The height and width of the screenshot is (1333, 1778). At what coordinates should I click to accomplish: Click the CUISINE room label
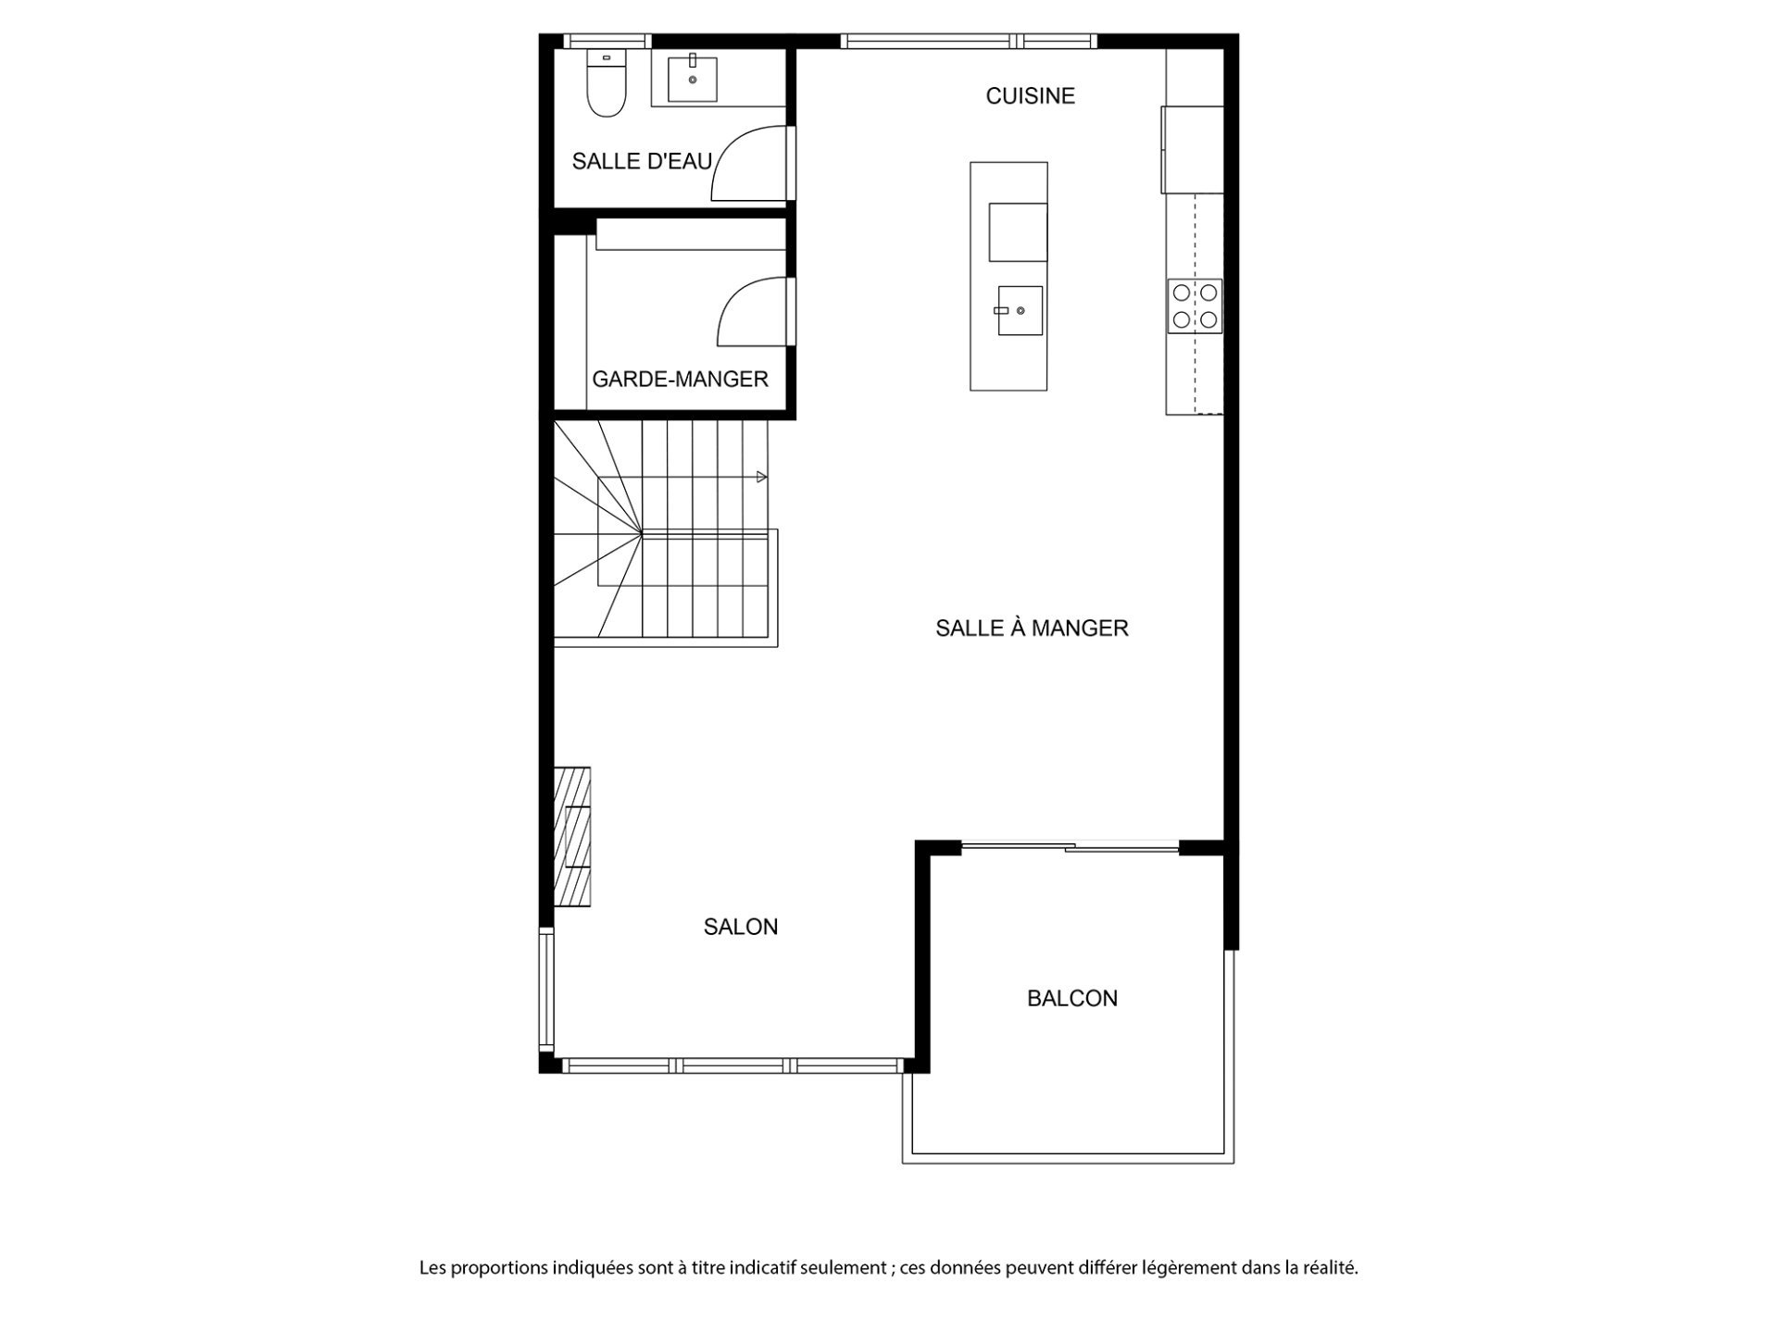coord(1030,96)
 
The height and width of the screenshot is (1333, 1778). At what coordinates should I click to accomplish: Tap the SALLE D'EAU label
coord(642,161)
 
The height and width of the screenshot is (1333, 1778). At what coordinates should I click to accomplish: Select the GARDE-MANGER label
coord(680,379)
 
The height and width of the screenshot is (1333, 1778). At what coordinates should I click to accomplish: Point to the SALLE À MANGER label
coord(1032,629)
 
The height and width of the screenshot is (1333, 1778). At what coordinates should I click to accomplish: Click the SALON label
coord(741,927)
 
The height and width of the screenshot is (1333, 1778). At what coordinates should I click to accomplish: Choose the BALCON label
coord(1072,998)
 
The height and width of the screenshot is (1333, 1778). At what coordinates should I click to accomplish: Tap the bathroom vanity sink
coord(692,79)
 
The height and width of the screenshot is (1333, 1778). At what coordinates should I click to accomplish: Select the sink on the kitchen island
coord(1018,311)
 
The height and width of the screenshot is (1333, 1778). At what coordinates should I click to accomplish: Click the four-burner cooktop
coord(1195,306)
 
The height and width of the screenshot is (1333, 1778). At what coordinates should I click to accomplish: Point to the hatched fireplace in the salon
coord(572,836)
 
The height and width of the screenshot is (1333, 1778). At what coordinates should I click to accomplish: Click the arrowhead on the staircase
coord(762,477)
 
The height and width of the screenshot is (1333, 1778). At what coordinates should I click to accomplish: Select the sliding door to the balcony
coord(1071,846)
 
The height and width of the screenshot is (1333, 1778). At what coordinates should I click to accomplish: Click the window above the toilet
coord(607,41)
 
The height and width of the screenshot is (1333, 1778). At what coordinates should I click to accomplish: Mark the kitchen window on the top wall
coord(969,41)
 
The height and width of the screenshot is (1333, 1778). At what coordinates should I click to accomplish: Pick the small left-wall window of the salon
coord(546,990)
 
